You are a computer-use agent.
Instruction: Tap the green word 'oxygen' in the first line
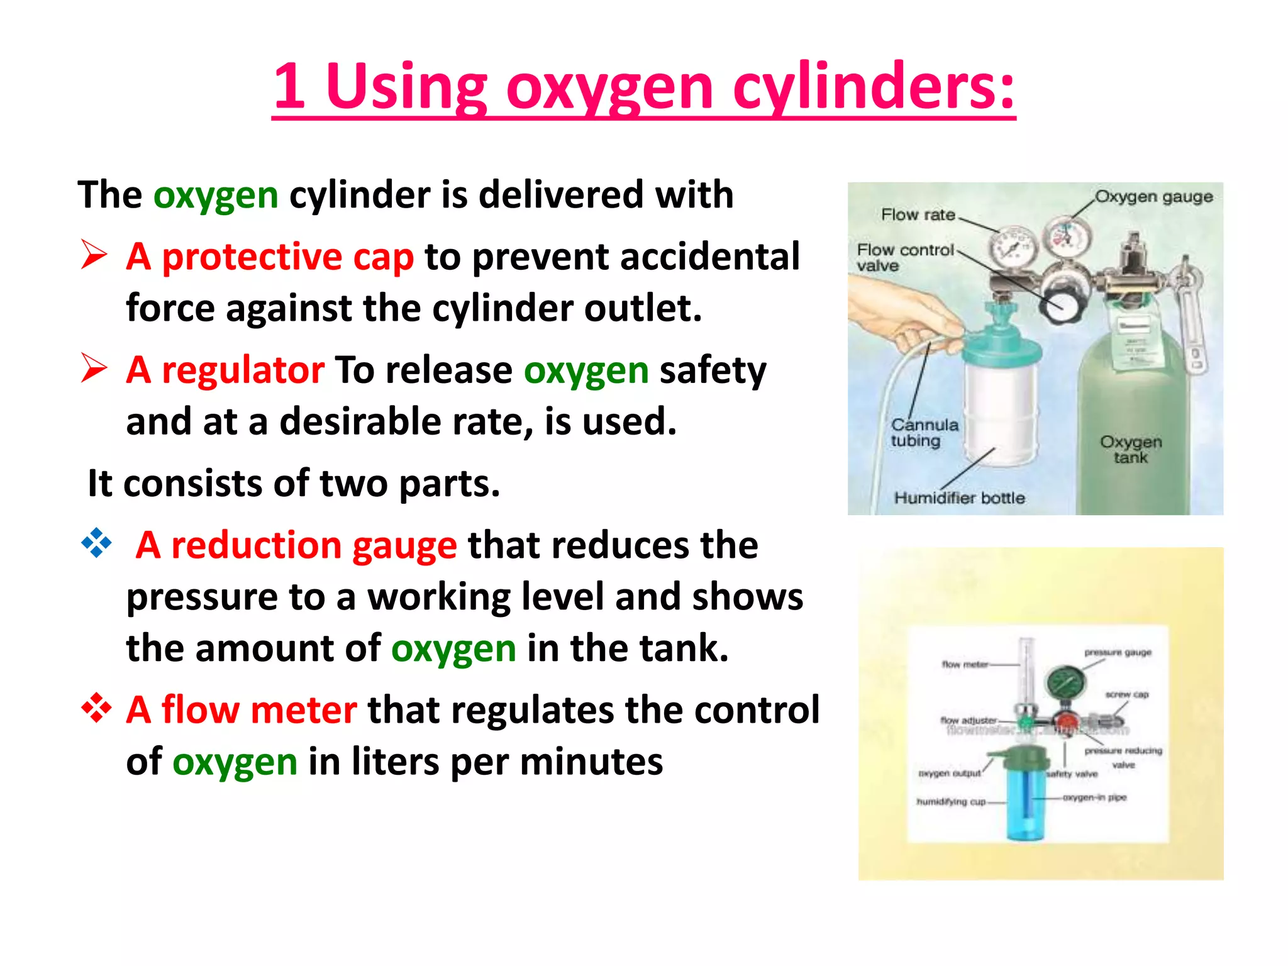pos(216,195)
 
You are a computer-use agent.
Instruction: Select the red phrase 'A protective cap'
pos(269,257)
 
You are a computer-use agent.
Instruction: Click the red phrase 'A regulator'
pos(225,370)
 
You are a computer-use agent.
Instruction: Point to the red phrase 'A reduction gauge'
pos(296,545)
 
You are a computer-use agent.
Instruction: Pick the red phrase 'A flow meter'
pos(241,710)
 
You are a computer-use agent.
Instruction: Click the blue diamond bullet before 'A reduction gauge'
pos(96,543)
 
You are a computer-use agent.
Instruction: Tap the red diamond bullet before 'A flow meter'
pos(96,708)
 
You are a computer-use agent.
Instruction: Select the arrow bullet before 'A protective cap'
pos(94,255)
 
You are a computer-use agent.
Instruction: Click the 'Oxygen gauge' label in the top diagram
pos(1153,197)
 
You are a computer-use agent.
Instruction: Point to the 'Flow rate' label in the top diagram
pos(918,215)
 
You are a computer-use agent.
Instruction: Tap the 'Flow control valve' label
pos(904,258)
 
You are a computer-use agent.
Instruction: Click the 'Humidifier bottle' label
pos(959,498)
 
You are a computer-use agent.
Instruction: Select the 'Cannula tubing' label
pos(924,433)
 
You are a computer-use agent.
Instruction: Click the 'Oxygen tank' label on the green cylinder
pos(1130,449)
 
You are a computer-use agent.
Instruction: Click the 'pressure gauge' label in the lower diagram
pos(1118,653)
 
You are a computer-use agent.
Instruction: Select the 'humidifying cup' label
pos(951,802)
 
